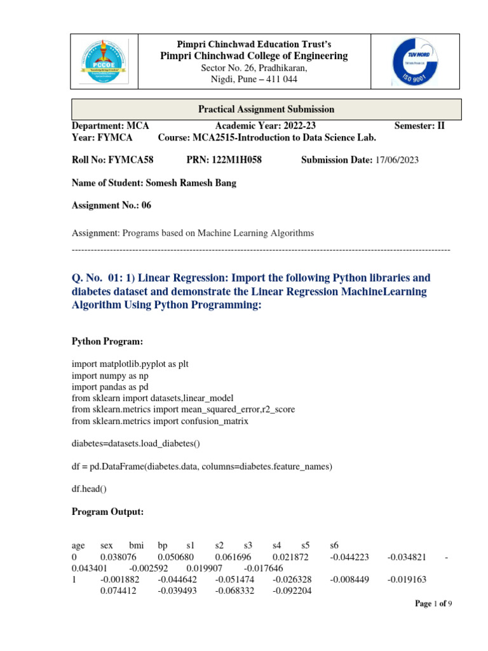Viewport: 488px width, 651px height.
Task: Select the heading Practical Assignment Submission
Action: click(x=266, y=109)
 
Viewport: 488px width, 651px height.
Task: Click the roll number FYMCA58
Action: click(x=132, y=160)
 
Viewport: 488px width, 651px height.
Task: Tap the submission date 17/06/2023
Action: click(x=396, y=160)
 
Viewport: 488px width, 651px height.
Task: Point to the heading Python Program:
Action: click(x=108, y=342)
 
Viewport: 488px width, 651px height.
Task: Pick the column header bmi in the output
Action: click(x=137, y=545)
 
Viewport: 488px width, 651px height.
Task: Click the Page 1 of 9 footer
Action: click(x=434, y=604)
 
